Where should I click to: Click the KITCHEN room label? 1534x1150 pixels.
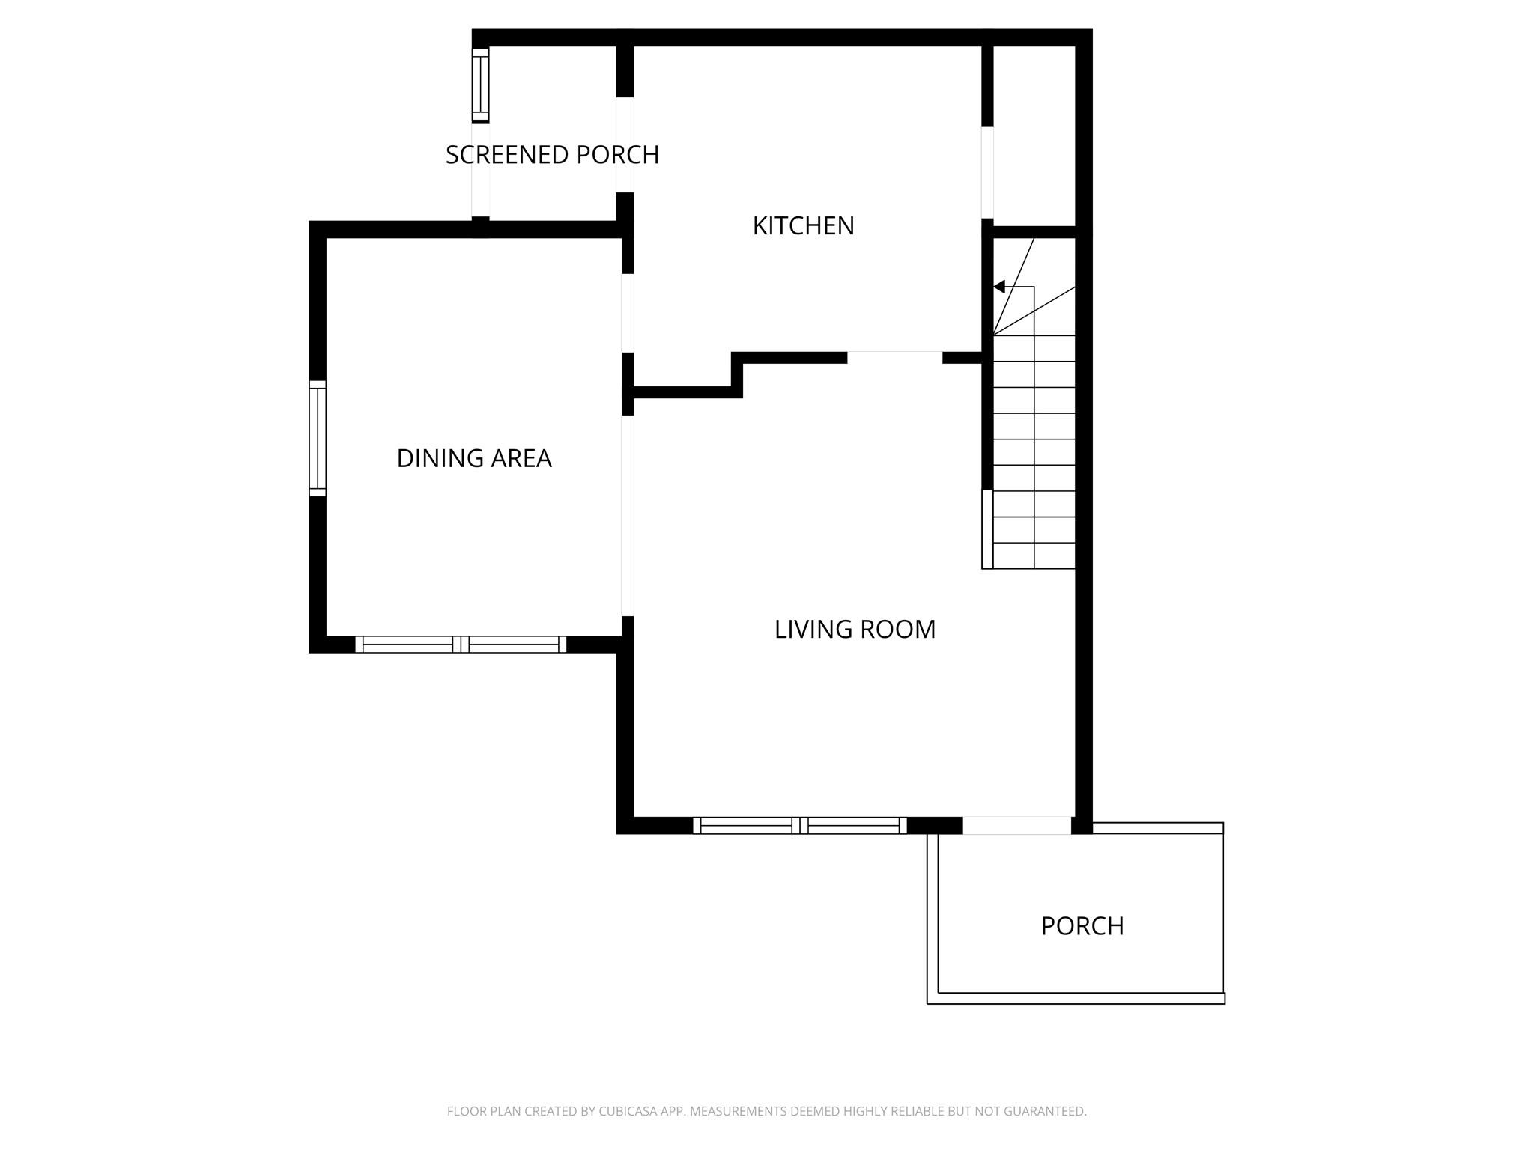803,225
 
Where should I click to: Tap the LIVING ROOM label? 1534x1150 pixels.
855,629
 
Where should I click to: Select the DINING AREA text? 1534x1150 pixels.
473,458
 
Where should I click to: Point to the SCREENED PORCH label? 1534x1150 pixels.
552,155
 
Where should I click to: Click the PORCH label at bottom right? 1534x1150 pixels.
1082,926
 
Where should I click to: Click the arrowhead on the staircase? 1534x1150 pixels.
999,287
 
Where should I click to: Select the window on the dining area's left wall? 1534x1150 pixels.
318,438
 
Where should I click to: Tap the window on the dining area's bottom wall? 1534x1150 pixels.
461,645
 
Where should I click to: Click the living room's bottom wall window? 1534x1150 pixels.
800,825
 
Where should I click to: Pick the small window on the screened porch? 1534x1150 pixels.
480,84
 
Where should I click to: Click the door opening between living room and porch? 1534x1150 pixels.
1016,825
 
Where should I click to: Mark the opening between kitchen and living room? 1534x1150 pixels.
894,357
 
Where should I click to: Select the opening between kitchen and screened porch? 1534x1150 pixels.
625,144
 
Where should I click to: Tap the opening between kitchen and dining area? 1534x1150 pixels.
628,313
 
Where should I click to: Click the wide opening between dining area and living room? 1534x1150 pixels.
628,515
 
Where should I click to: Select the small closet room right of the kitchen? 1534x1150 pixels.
1034,135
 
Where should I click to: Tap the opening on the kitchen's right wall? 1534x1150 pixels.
987,172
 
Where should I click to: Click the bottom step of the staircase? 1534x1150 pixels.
1034,556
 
